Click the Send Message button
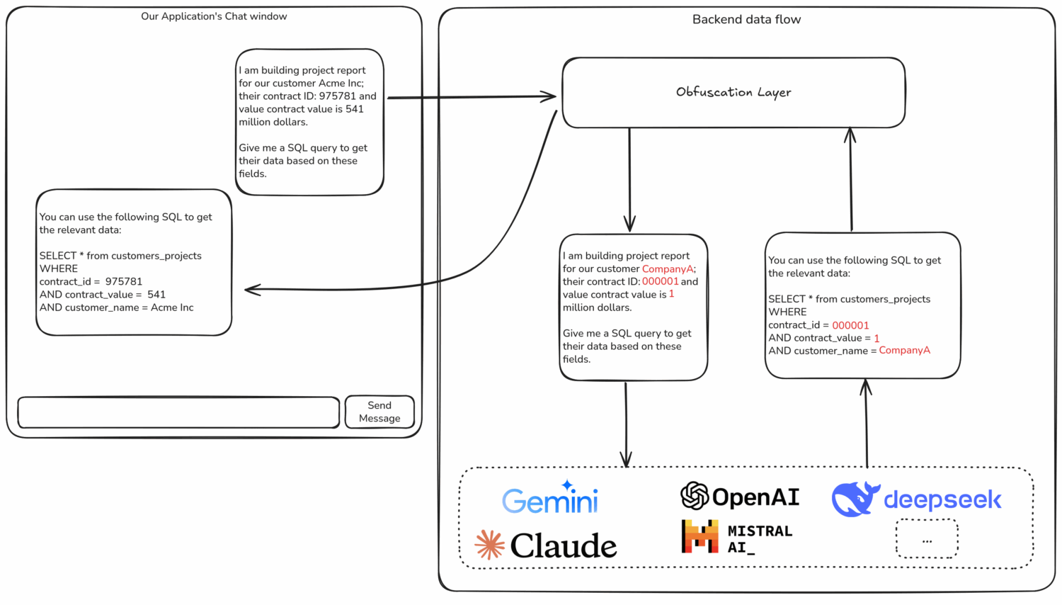click(379, 412)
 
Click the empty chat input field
click(178, 412)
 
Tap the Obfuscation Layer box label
click(733, 92)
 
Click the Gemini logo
click(550, 499)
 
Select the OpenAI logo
click(740, 497)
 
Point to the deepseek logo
click(917, 499)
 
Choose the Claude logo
click(546, 545)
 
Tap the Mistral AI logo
click(737, 538)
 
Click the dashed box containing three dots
click(927, 539)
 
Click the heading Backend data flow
click(746, 20)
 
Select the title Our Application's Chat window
click(214, 16)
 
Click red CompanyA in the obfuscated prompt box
click(668, 269)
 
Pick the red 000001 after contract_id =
click(850, 325)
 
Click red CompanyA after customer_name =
click(904, 351)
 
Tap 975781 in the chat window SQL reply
click(124, 282)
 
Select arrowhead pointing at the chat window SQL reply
click(250, 289)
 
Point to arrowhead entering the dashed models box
click(626, 461)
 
